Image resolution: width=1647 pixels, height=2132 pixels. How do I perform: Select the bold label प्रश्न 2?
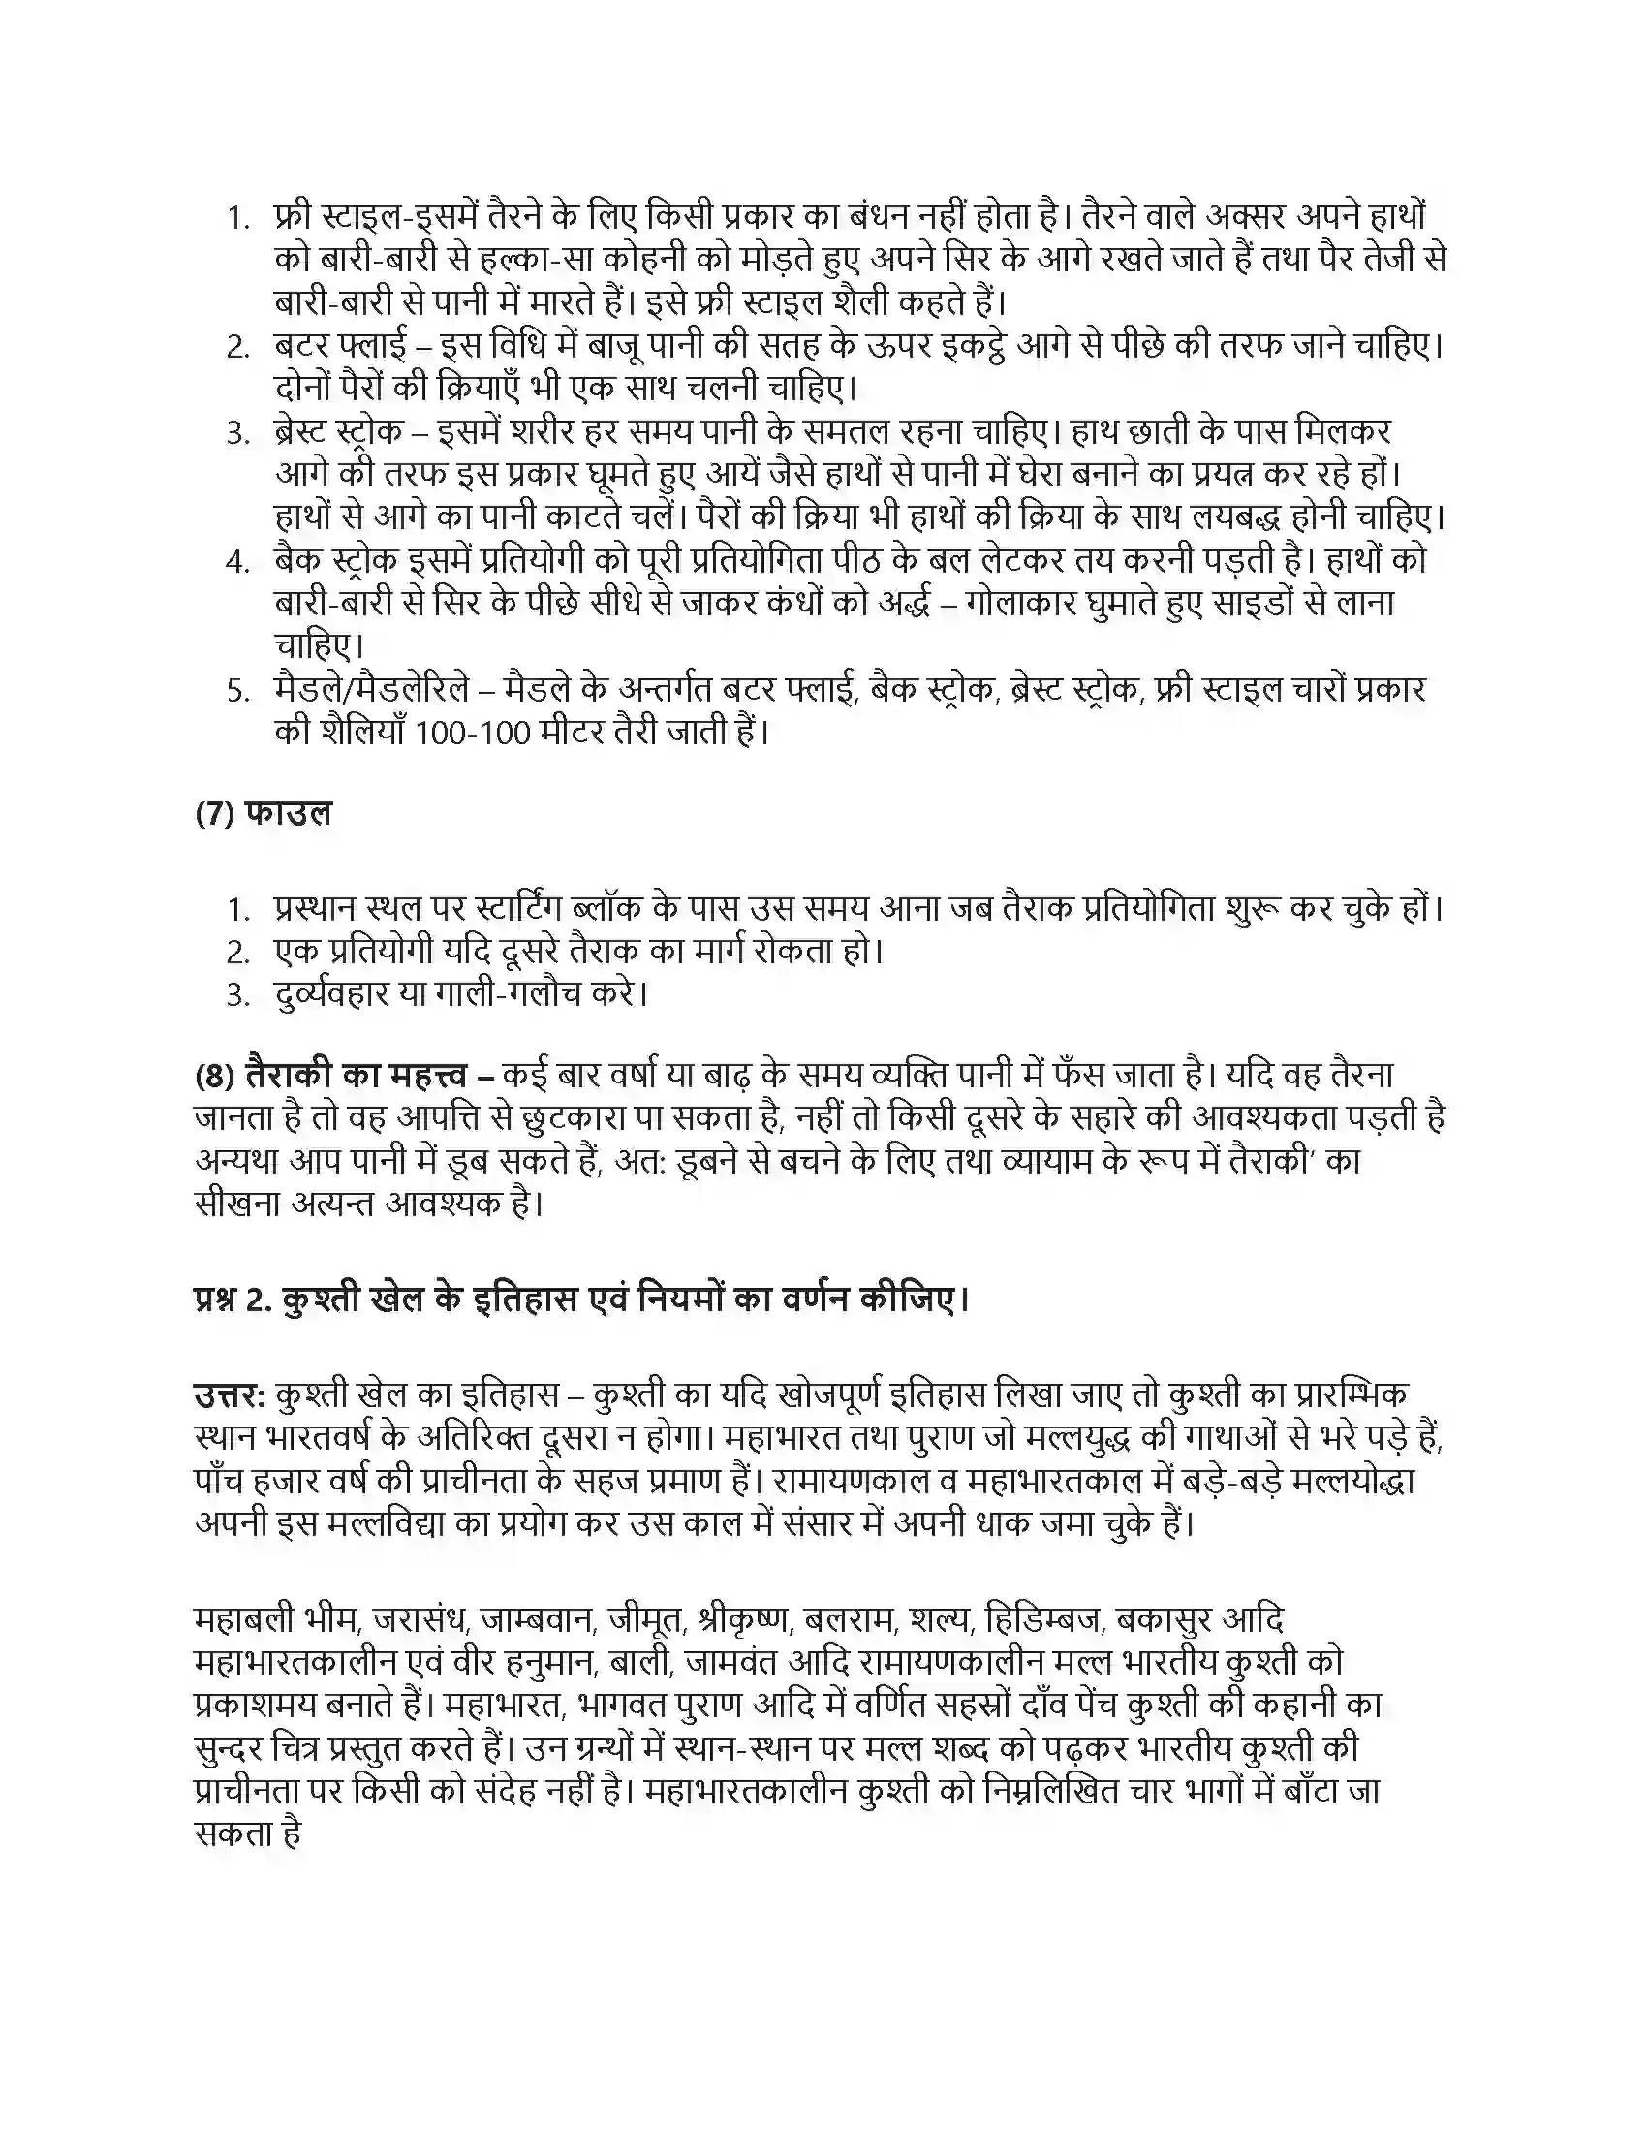tap(231, 1301)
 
